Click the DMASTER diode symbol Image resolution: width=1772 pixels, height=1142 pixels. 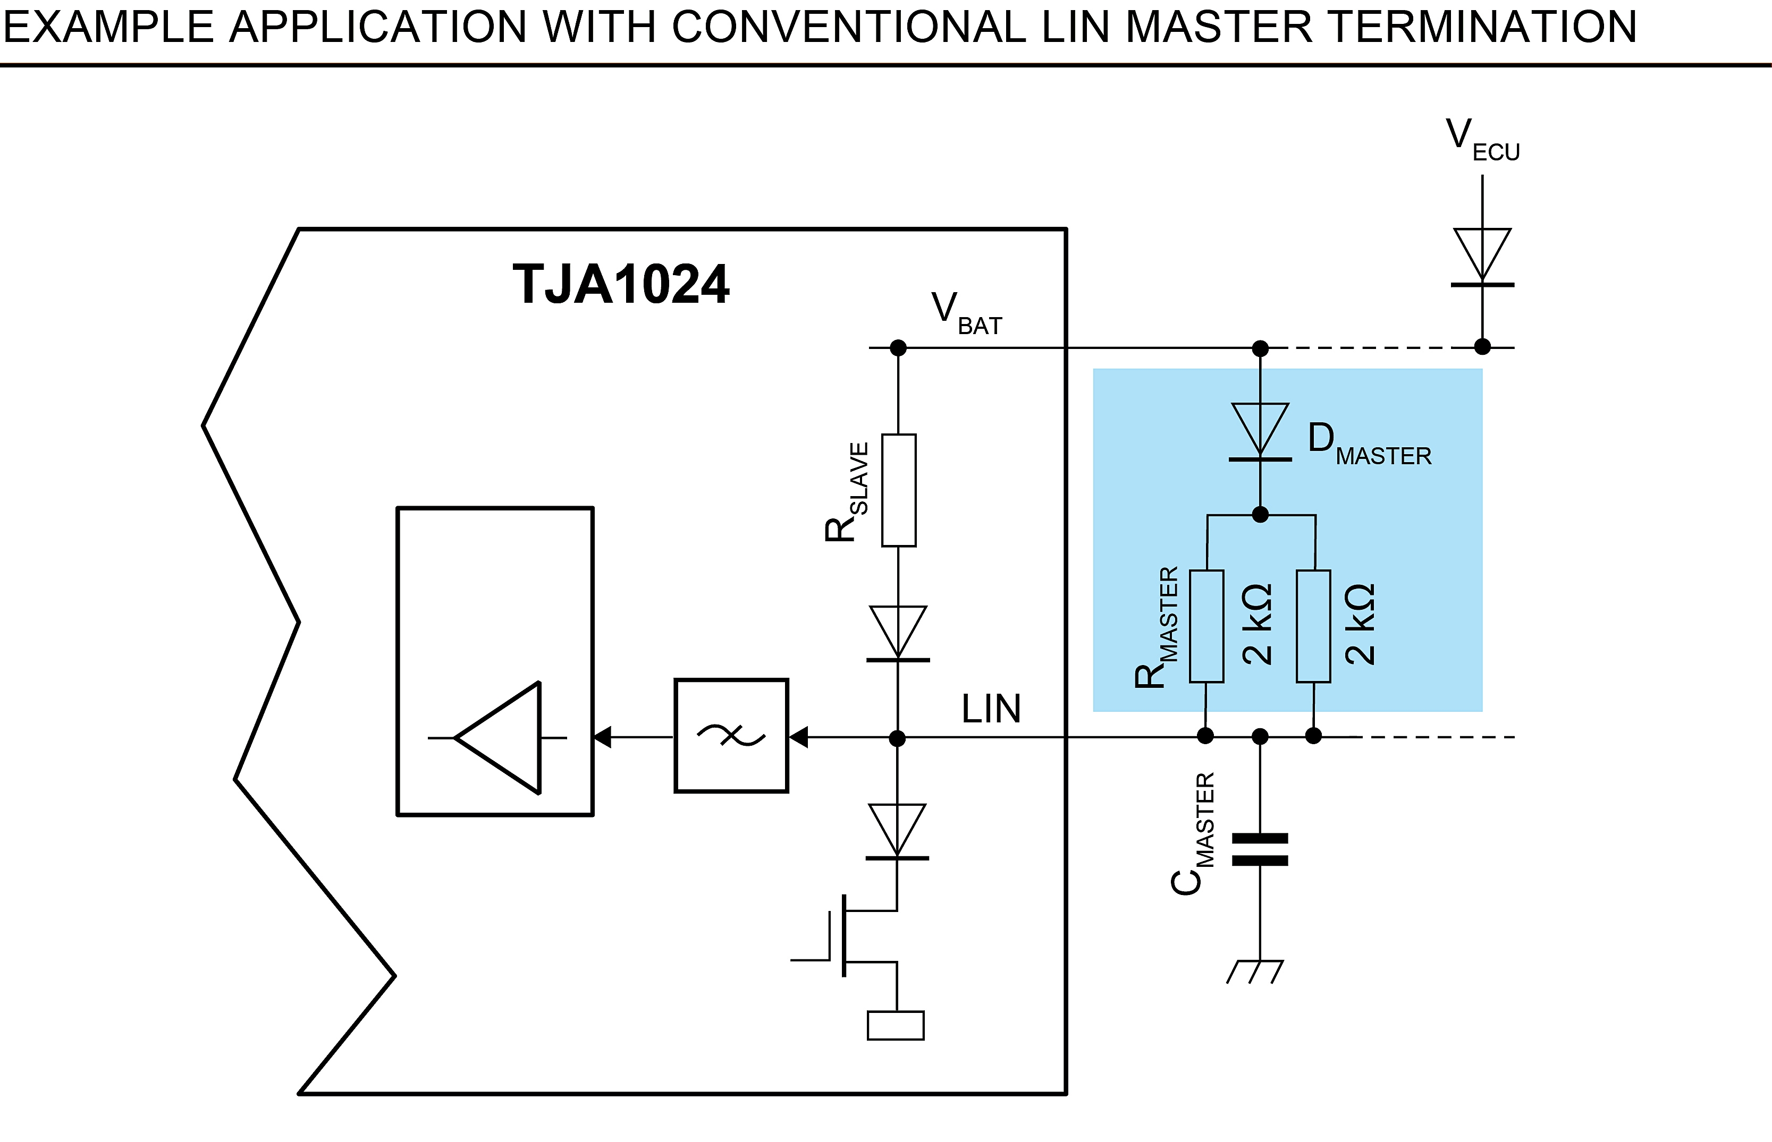coord(1260,432)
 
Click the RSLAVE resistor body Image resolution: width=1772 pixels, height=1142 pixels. coord(899,490)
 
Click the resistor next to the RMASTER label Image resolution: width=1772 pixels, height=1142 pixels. coord(1206,626)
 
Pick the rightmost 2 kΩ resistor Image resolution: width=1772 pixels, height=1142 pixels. coord(1313,626)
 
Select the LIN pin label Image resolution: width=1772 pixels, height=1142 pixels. coord(991,709)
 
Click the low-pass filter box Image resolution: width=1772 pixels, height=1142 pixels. coord(731,736)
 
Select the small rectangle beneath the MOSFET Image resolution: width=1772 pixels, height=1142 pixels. coord(896,1026)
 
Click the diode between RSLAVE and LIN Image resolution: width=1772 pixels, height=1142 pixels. coord(898,635)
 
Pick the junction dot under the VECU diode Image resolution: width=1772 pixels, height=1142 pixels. coord(1482,346)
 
